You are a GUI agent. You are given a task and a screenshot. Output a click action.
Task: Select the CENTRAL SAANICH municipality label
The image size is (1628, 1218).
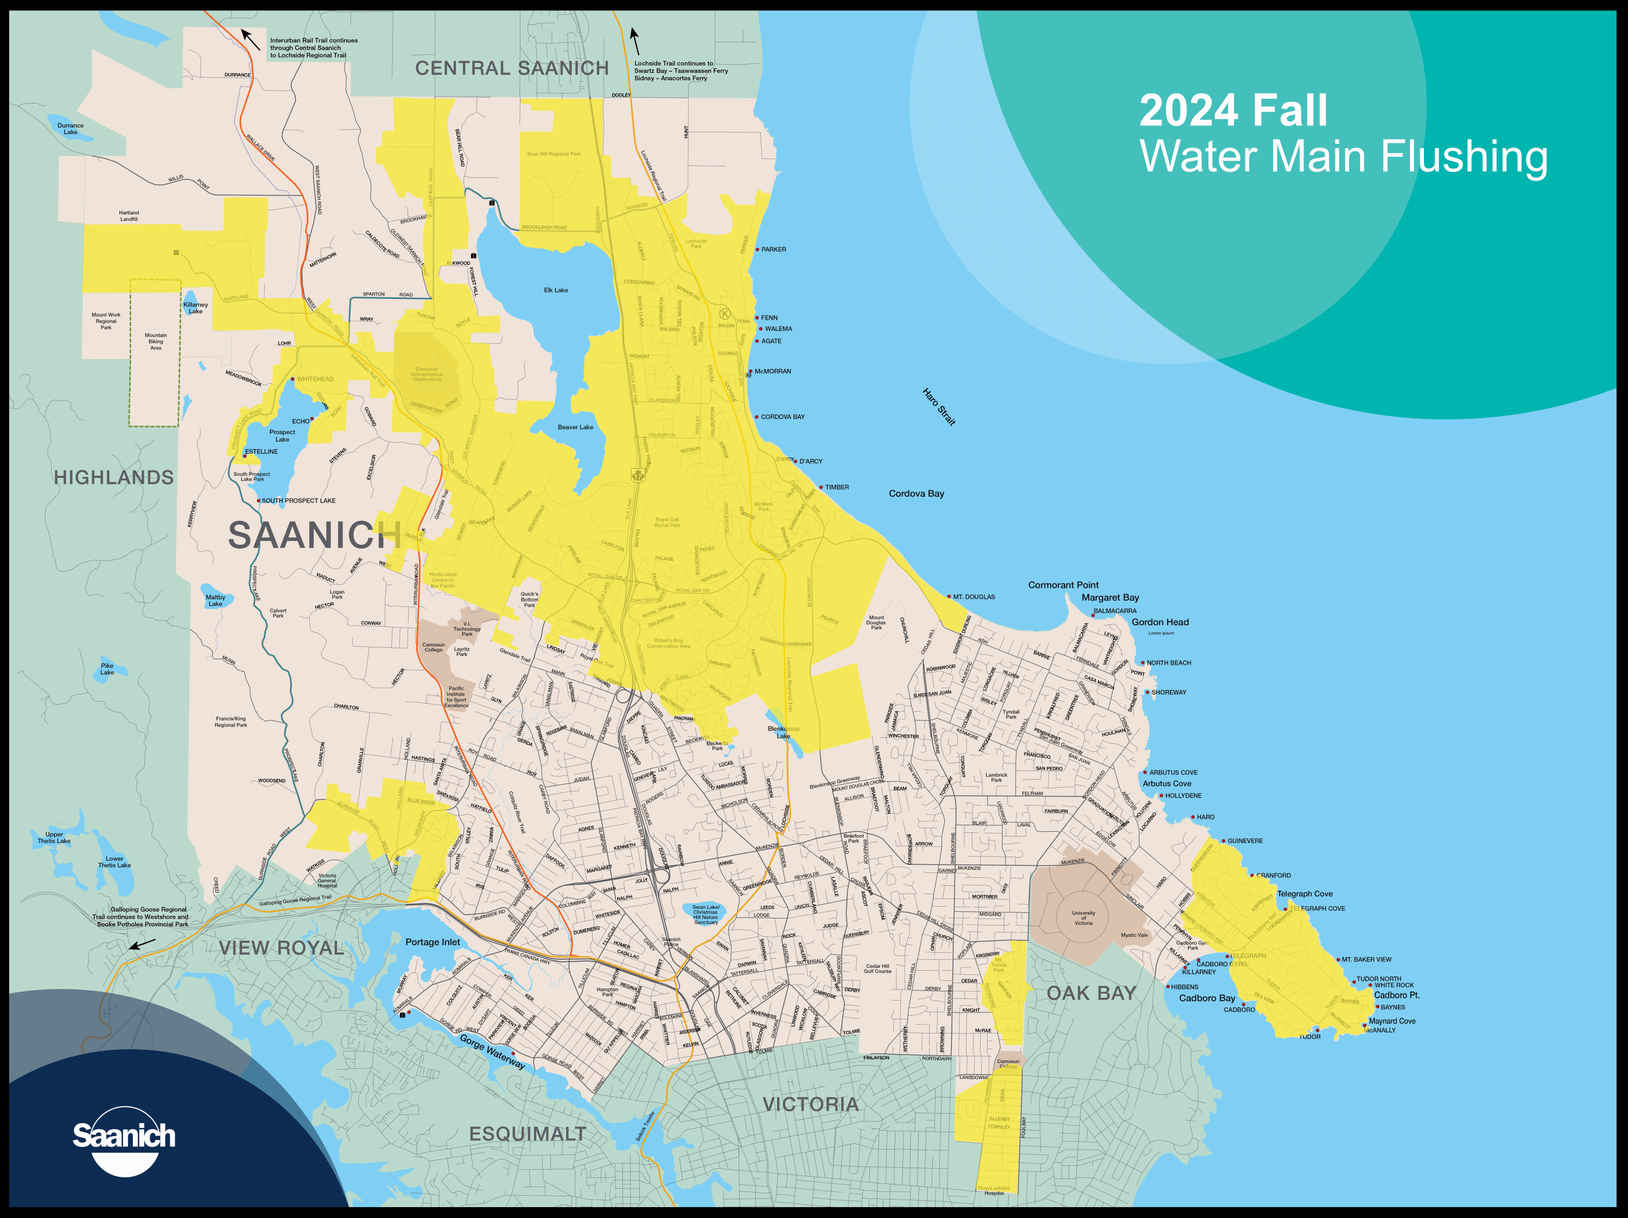[x=512, y=68]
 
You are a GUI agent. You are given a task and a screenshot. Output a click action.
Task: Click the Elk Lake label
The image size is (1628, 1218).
[x=556, y=290]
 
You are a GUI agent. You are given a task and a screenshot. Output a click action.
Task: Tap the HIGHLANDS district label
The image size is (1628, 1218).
[x=114, y=477]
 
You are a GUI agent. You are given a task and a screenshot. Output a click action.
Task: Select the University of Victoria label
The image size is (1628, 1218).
[x=1083, y=918]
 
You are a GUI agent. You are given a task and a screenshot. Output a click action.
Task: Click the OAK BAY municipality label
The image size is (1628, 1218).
[x=1091, y=993]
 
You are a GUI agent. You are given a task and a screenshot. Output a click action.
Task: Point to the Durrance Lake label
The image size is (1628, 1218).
[x=71, y=129]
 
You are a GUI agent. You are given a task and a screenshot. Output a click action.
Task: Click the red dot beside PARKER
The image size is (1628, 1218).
[x=758, y=250]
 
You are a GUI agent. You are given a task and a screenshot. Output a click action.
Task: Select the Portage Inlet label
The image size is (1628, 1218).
[x=432, y=942]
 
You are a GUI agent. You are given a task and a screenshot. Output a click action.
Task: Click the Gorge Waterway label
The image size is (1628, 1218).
[x=492, y=1051]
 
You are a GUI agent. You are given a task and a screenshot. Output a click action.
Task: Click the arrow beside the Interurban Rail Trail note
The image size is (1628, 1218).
[x=250, y=39]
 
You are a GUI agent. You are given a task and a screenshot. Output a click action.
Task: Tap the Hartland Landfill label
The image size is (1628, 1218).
[x=129, y=215]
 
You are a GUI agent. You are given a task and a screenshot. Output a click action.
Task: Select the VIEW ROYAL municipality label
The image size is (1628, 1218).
[x=281, y=948]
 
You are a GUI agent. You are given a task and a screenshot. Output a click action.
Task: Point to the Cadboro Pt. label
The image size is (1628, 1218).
[x=1396, y=995]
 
